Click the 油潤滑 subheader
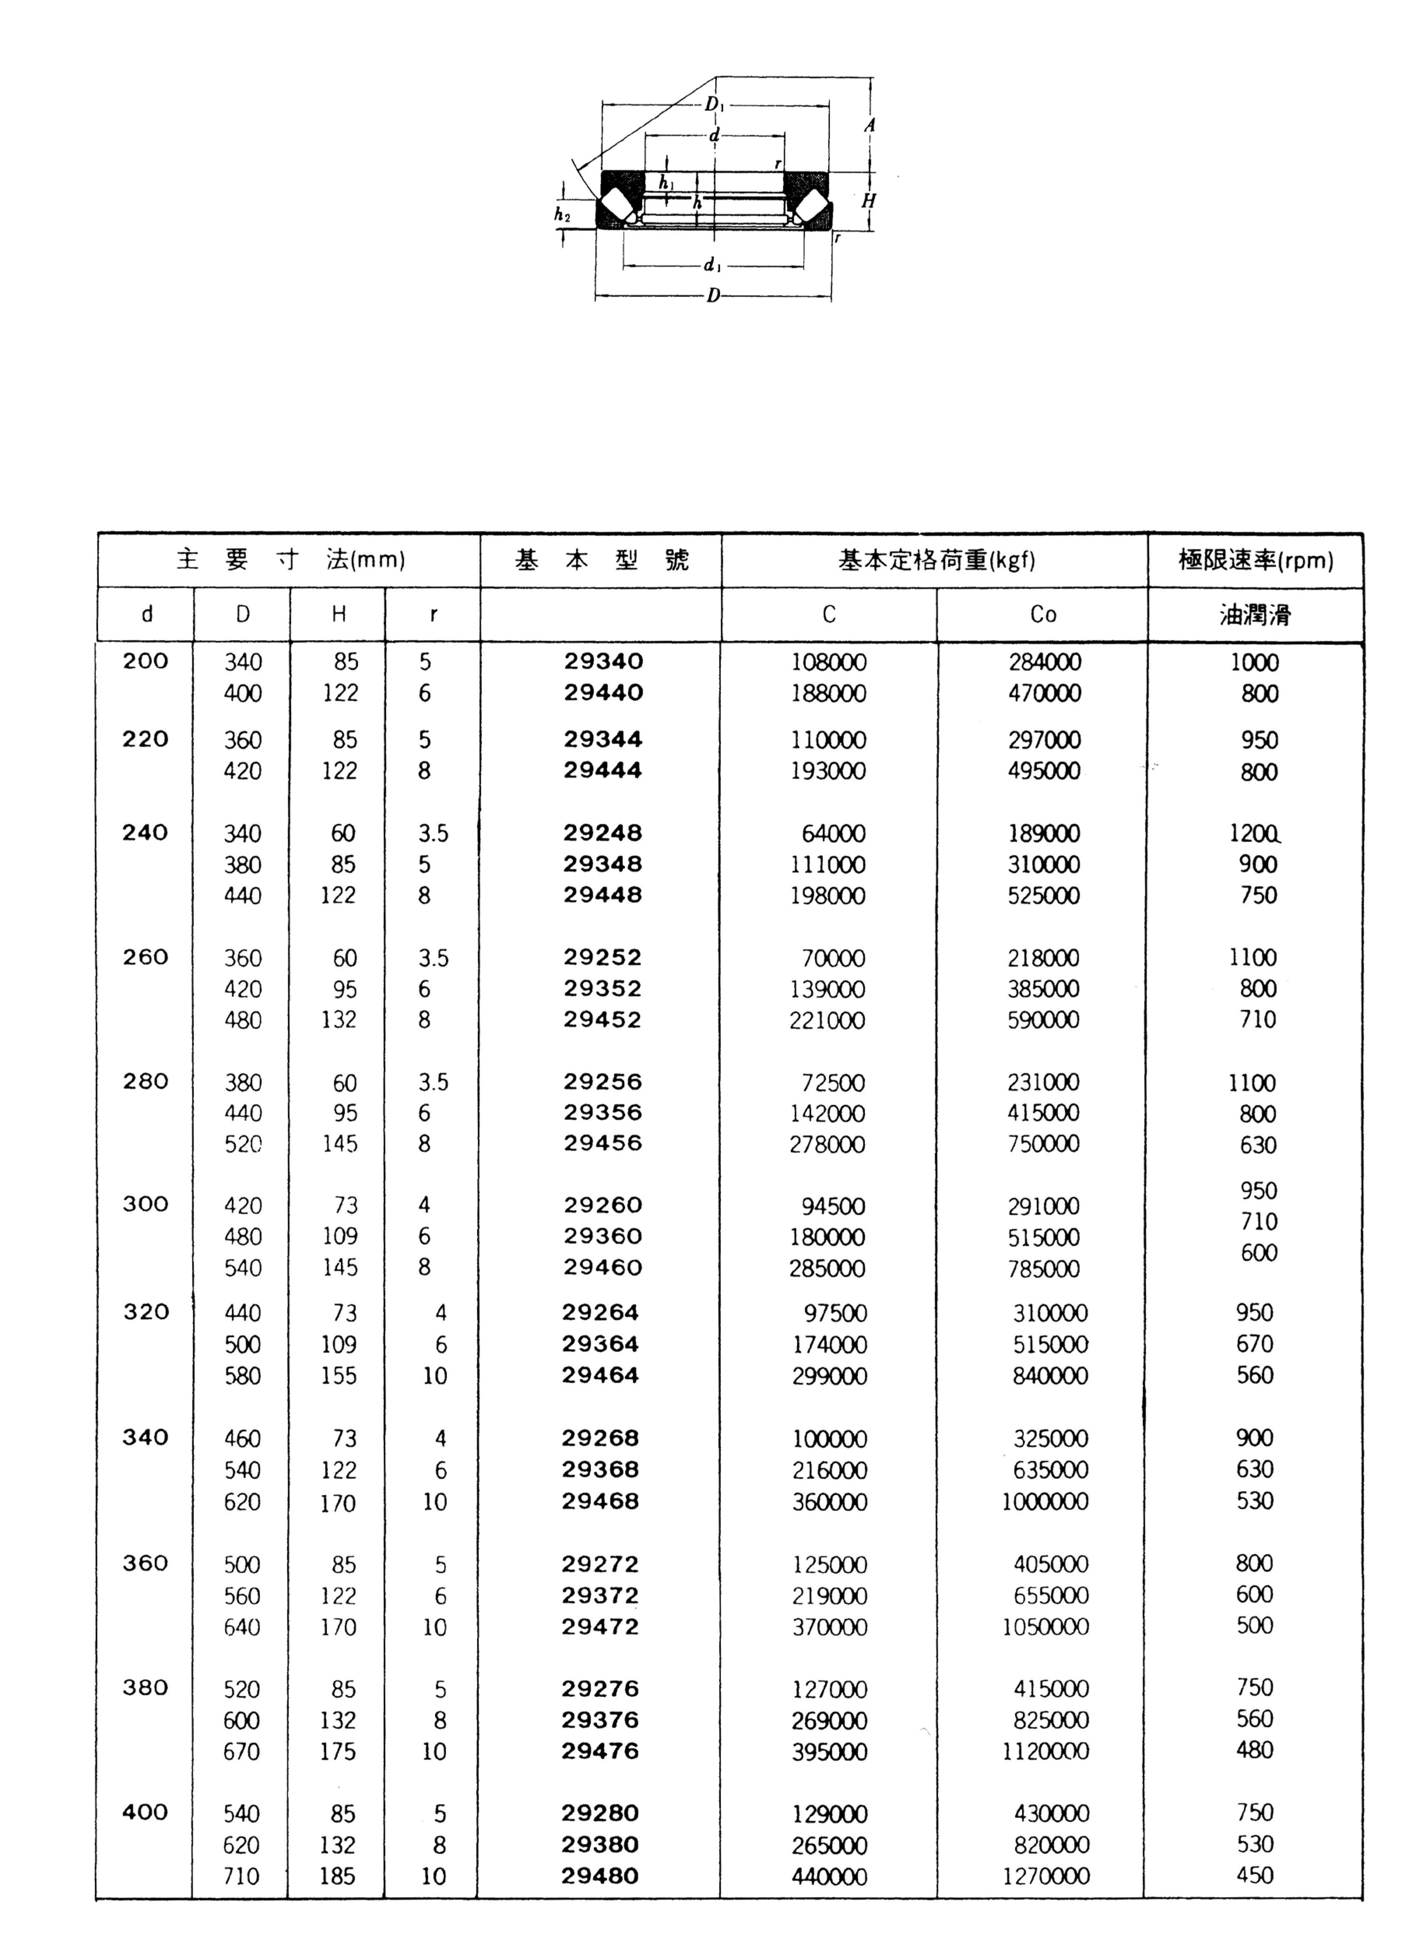(x=1255, y=614)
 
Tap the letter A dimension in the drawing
(x=869, y=126)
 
